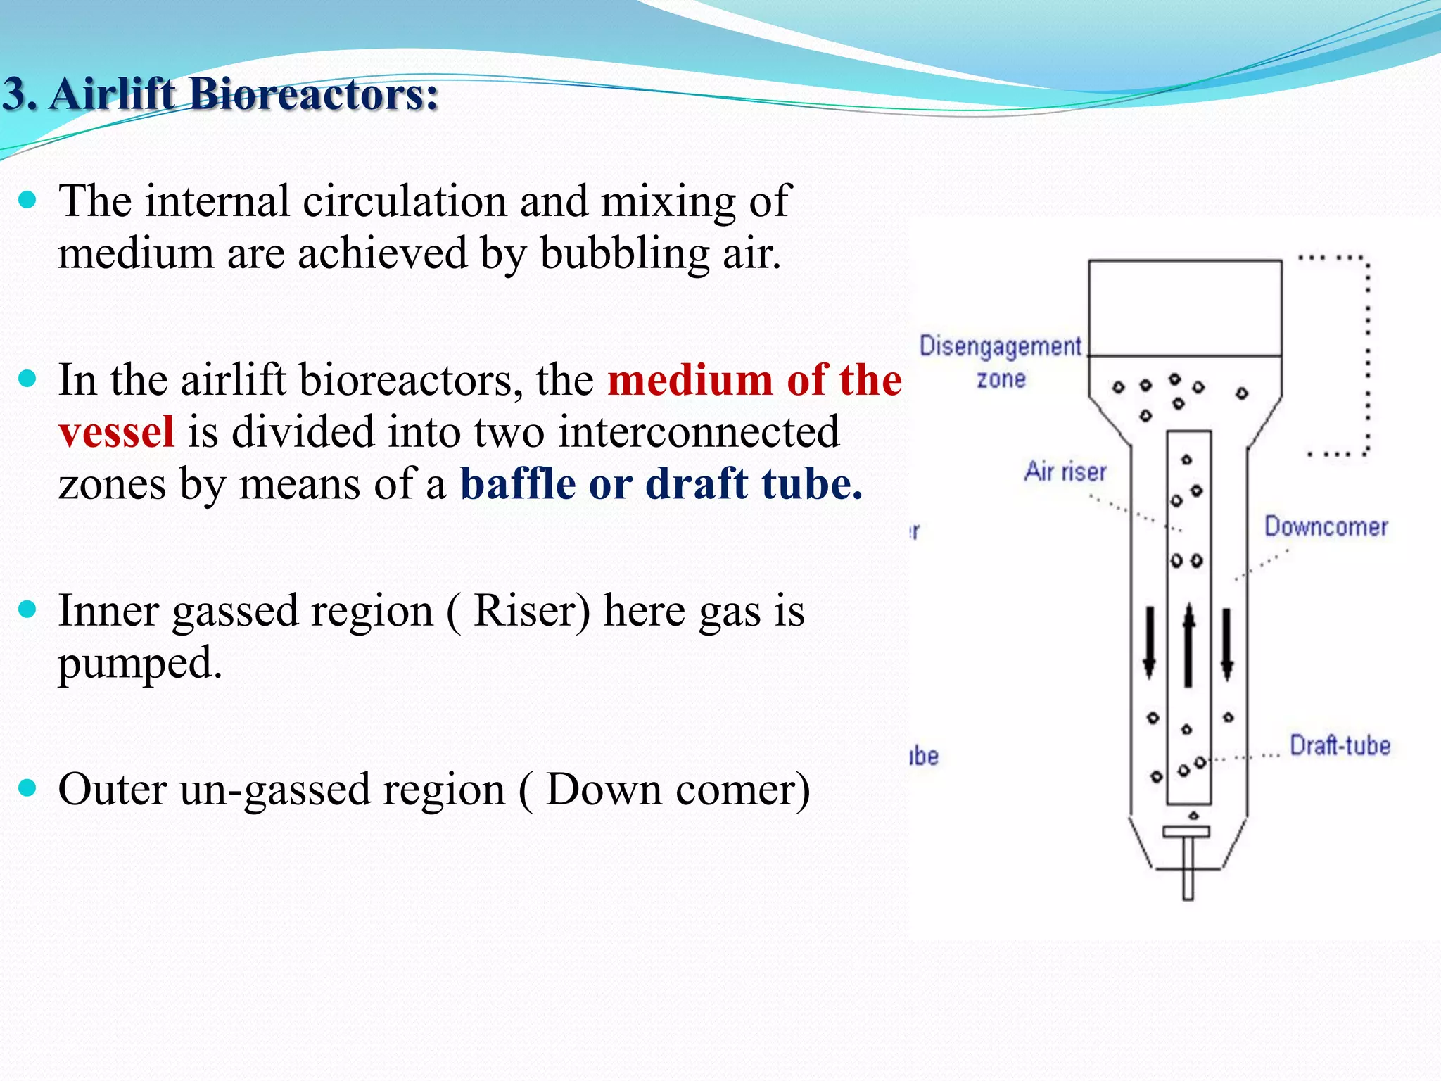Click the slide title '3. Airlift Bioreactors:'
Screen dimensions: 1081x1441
220,94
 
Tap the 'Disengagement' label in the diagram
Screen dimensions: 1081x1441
1000,346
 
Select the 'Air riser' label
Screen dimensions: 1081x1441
1065,472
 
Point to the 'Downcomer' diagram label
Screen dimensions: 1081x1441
1326,527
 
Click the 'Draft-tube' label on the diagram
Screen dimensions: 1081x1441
1340,746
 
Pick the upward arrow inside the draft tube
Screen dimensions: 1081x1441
1189,644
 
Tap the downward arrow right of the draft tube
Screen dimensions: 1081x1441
1227,644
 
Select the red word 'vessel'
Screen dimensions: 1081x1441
116,432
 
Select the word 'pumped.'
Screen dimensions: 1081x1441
140,663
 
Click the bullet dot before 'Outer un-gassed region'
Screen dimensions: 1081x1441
27,788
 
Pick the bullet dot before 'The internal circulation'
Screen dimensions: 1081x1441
27,201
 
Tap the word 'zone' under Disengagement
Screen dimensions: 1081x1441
1001,379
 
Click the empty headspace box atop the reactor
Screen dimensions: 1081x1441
1185,308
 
